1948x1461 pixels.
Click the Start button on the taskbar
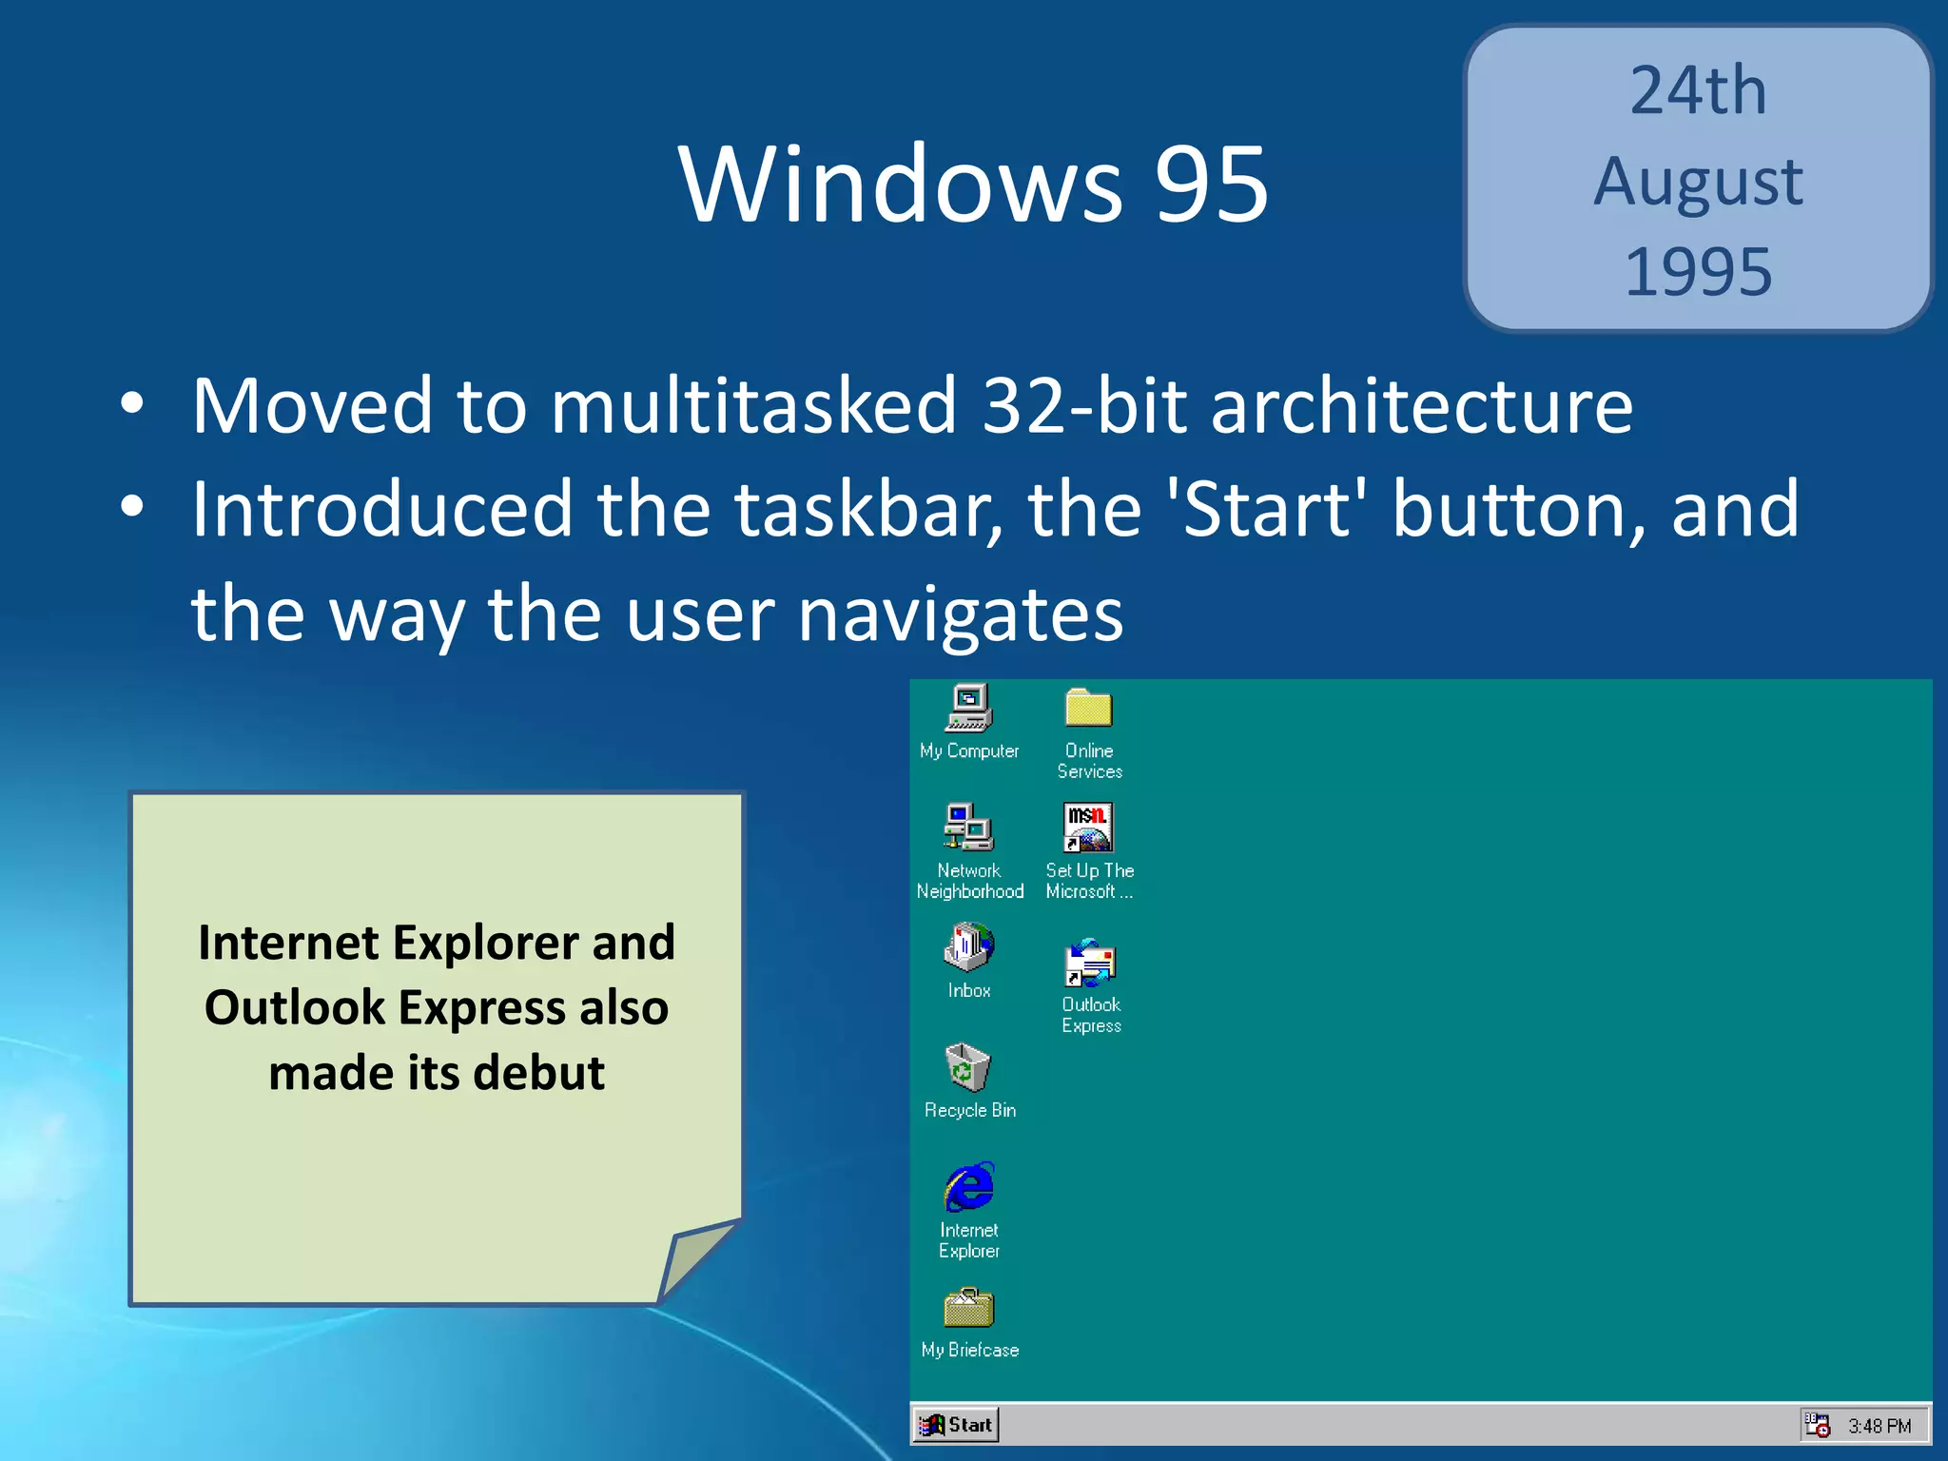coord(956,1424)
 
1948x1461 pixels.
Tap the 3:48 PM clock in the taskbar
coord(1879,1426)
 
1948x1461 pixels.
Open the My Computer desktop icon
coord(968,710)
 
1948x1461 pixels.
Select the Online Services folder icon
coord(1088,710)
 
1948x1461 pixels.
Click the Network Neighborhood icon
coord(968,828)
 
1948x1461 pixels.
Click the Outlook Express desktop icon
coord(1090,964)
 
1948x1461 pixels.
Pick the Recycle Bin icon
coord(967,1068)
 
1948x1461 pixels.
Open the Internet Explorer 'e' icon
coord(968,1187)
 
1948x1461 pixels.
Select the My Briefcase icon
coord(968,1310)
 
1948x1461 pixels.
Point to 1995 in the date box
coord(1698,272)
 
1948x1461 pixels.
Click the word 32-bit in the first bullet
coord(1084,406)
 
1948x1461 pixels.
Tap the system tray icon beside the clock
coord(1817,1425)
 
